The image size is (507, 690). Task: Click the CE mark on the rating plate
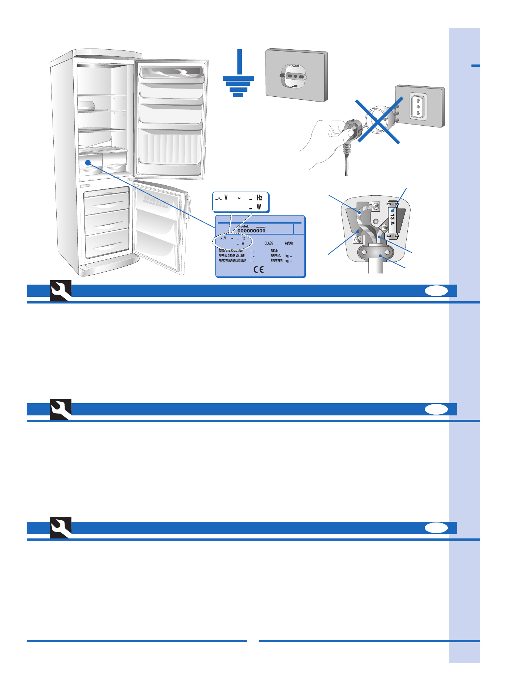pos(258,269)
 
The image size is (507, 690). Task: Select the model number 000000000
pos(251,231)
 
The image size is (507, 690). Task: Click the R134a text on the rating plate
pos(274,251)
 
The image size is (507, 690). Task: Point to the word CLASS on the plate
pos(268,243)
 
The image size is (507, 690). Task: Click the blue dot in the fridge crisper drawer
pos(88,163)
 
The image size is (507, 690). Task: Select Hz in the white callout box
pos(260,198)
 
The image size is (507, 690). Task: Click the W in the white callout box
pos(259,207)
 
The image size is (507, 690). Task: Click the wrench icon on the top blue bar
pos(61,291)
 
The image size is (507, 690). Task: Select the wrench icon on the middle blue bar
pos(61,409)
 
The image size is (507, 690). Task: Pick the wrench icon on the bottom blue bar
pos(61,528)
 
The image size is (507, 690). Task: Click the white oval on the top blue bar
pos(436,291)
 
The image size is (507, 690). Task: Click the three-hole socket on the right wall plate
pos(418,107)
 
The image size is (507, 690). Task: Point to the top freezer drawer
pos(107,202)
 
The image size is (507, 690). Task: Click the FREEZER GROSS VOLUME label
pos(232,261)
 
